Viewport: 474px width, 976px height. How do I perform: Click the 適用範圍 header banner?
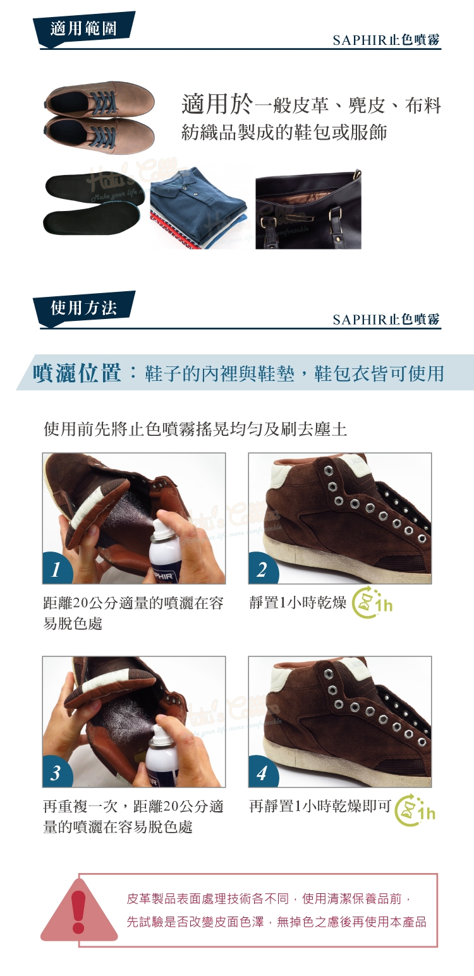coord(83,30)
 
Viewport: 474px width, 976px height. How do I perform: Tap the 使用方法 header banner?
coord(83,308)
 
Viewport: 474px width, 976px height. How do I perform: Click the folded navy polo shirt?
coord(199,208)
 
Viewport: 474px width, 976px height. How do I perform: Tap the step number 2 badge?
coord(262,569)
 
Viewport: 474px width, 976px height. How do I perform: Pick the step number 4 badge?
coord(262,772)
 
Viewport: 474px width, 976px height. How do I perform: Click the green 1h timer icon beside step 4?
coord(415,811)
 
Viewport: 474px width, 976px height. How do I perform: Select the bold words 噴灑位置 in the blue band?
coord(77,373)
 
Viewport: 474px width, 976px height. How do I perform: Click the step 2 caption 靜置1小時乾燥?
coord(298,603)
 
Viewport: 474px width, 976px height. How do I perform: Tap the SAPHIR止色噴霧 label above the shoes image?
coord(386,40)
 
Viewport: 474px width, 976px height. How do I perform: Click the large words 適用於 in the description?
coord(217,105)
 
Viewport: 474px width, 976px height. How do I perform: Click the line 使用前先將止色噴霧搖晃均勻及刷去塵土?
coord(195,430)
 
